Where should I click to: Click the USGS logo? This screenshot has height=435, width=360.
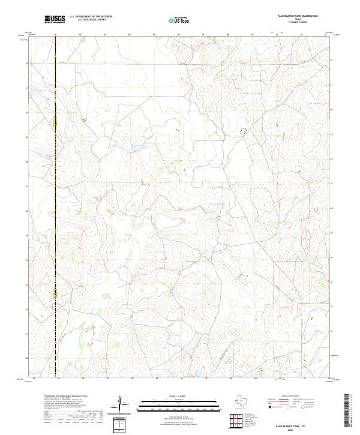coord(55,20)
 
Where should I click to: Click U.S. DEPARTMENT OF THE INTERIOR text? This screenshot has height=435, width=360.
coord(91,17)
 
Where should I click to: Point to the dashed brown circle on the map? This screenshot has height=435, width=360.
coord(243,130)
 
